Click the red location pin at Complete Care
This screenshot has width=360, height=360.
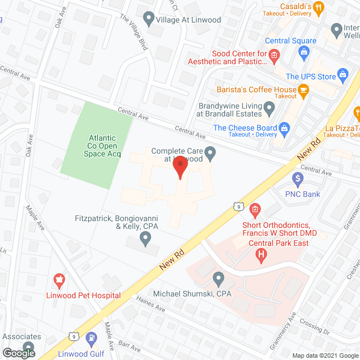coord(179,167)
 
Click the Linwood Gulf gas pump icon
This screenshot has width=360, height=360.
coord(92,339)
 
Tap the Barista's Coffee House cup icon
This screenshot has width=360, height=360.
coord(304,89)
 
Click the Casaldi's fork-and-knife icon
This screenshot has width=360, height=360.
coord(319,7)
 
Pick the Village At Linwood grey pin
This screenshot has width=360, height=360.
coord(149,20)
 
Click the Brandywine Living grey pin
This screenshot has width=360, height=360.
coord(269,107)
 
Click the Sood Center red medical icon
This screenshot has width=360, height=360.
coord(274,55)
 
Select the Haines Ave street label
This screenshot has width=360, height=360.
coord(151,308)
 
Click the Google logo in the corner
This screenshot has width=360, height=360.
coord(18,353)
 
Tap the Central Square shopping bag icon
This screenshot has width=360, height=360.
coord(304,52)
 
